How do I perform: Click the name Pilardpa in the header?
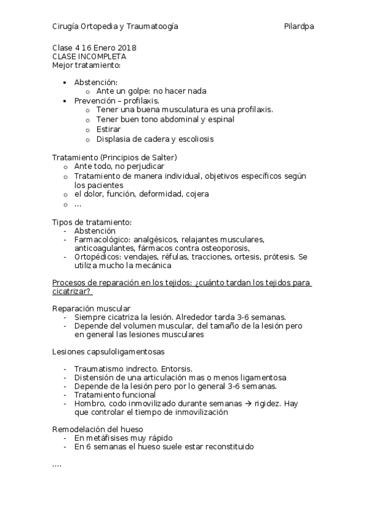tap(299, 26)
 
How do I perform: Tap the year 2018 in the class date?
tap(126, 48)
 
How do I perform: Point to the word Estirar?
tap(108, 129)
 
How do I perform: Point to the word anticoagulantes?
tap(102, 248)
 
